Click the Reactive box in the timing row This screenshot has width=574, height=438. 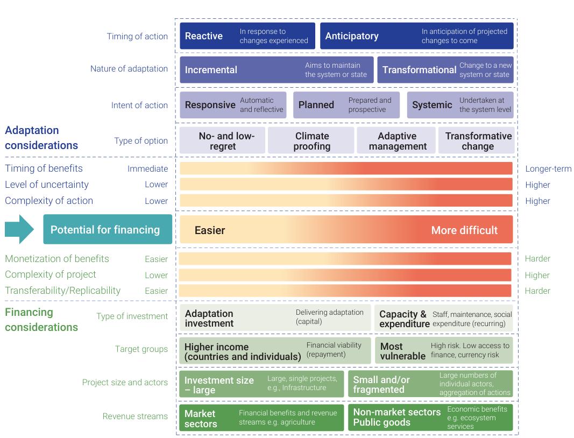coord(247,36)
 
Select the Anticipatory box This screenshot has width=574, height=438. coord(416,36)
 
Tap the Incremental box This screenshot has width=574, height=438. coord(275,70)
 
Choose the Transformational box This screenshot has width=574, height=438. coord(445,70)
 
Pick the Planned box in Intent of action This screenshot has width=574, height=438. coord(346,105)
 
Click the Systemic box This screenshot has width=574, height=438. coord(460,105)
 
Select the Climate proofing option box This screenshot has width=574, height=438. coord(311,141)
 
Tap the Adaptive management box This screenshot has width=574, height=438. coord(397,141)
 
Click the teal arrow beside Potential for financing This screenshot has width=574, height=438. coord(20,229)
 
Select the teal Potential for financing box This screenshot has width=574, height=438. coord(108,230)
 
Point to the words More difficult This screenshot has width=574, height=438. coord(464,230)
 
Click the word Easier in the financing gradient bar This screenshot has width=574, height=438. coord(210,230)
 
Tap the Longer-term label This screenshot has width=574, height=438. coord(548,168)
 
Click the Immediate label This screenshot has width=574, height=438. coord(147,168)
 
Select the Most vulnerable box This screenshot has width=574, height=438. coord(443,350)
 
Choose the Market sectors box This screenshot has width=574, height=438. coord(261,418)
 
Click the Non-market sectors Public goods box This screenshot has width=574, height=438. coord(430,418)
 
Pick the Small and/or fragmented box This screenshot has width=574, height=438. coord(430,384)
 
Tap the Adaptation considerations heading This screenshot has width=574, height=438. coord(41,138)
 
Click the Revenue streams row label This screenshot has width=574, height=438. coord(135,416)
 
